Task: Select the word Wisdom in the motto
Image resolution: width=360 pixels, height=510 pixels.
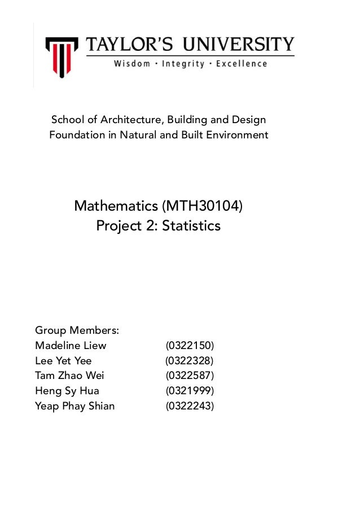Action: coord(132,64)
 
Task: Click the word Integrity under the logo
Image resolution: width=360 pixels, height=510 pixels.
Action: coord(182,64)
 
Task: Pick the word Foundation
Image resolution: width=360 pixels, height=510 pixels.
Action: coord(77,136)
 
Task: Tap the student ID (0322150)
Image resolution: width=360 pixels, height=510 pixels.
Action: coord(190,345)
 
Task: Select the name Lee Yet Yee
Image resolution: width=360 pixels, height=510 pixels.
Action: coord(63,360)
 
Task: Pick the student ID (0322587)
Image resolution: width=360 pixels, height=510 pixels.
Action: coord(190,376)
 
